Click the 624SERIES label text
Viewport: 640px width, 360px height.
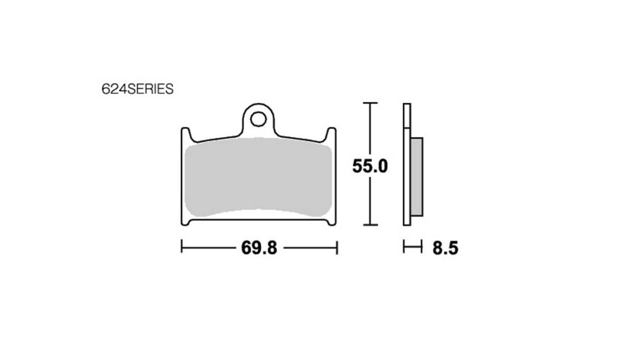(x=137, y=89)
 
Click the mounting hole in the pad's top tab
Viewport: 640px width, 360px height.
(x=258, y=119)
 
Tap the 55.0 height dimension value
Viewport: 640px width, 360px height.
(x=370, y=166)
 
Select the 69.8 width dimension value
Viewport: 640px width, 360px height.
(x=259, y=248)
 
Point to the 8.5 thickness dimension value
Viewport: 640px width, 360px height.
(x=445, y=248)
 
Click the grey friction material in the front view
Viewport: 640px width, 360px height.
(x=258, y=176)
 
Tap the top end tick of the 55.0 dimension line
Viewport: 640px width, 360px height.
(x=370, y=103)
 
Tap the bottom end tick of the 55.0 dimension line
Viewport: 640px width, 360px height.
(x=370, y=225)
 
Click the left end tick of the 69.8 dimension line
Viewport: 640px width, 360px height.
(x=182, y=247)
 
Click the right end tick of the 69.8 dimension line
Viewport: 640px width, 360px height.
(x=337, y=247)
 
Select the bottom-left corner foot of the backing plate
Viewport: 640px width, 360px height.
(x=185, y=221)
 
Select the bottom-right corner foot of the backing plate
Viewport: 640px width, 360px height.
(x=332, y=221)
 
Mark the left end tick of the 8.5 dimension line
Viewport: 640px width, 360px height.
(x=404, y=247)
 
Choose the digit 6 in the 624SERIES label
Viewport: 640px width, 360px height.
(x=105, y=89)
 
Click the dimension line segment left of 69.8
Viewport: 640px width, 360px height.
(x=208, y=248)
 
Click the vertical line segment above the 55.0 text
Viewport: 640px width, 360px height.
(x=370, y=130)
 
